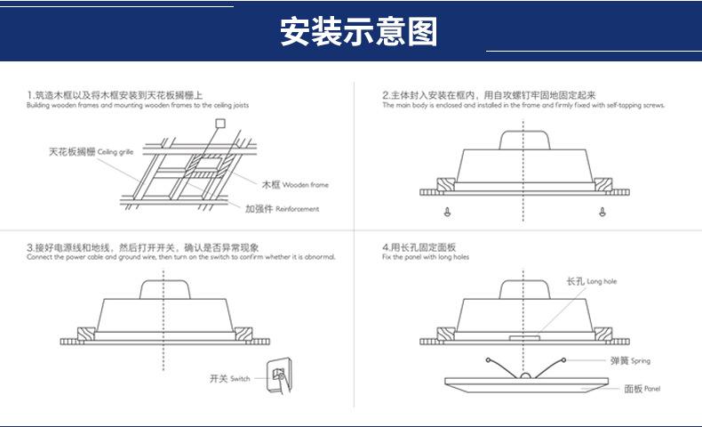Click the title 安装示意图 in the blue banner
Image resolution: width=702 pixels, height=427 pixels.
coord(358,32)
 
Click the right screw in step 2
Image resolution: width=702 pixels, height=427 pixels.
coord(603,212)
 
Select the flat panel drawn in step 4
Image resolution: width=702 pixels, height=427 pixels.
coord(526,384)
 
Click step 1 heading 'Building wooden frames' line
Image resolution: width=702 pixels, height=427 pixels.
coord(138,105)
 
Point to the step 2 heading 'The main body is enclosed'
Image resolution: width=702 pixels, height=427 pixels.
coord(523,105)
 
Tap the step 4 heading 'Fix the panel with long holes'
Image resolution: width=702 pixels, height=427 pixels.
coord(426,256)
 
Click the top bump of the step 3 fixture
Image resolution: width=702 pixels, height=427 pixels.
coord(164,291)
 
